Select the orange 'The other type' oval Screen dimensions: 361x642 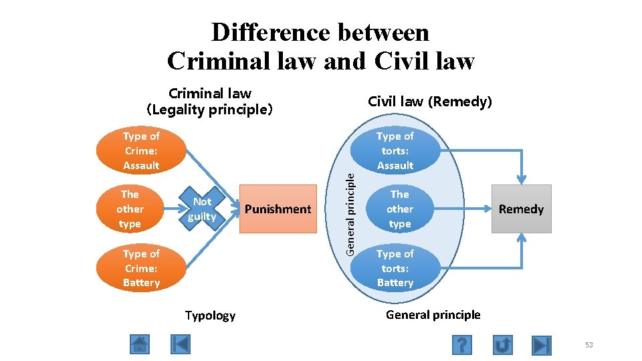130,209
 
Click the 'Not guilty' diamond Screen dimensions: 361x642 202,209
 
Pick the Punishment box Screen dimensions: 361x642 278,209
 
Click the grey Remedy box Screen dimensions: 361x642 521,209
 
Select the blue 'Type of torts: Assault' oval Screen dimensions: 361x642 395,150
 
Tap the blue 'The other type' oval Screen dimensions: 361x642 399,209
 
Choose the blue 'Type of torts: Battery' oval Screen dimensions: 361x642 395,268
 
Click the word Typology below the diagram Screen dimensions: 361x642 210,316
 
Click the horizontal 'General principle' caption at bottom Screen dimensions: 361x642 433,315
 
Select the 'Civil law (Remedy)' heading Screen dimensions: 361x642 430,102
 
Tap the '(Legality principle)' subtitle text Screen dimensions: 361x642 209,110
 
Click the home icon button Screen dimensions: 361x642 139,344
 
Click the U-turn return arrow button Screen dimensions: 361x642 503,344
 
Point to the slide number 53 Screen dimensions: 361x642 588,345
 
